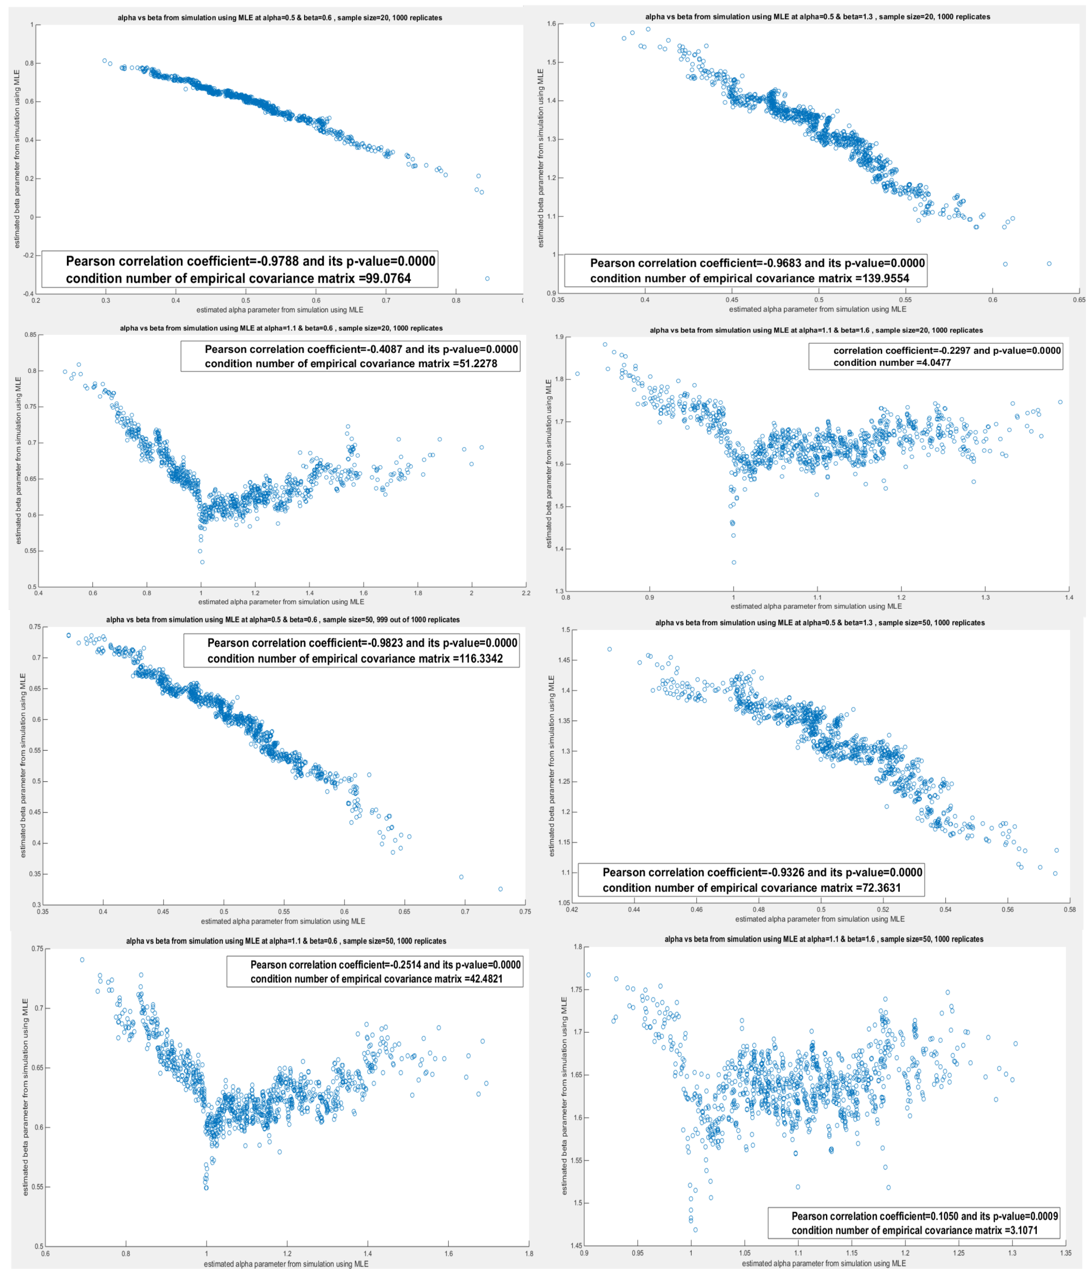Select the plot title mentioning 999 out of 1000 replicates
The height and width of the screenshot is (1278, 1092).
(x=283, y=619)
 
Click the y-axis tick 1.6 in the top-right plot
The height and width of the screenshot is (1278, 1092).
(x=552, y=23)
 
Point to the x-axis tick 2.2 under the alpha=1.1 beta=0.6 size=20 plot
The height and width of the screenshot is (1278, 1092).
(x=526, y=593)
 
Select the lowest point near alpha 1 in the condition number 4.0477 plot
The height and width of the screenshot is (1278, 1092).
(x=734, y=562)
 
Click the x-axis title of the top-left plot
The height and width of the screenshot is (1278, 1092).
(x=280, y=309)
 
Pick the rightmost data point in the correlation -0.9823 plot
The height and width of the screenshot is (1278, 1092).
(x=500, y=889)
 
